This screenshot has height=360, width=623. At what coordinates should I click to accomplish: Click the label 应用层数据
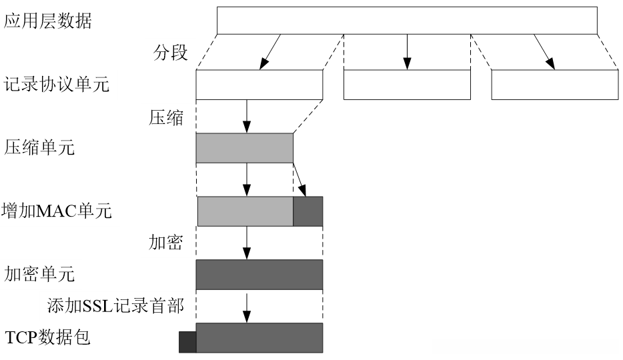click(x=48, y=21)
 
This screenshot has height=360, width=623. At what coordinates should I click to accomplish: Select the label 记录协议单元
click(x=57, y=85)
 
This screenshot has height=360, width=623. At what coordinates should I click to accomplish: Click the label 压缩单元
click(x=39, y=147)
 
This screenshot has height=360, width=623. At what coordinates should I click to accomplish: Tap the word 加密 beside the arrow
click(x=165, y=241)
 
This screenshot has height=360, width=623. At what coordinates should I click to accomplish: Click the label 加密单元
click(x=39, y=273)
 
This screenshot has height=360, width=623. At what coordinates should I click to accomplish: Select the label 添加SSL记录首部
click(x=115, y=305)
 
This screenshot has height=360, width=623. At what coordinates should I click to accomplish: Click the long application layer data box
click(x=407, y=20)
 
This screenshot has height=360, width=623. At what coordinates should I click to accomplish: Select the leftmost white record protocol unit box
click(x=259, y=85)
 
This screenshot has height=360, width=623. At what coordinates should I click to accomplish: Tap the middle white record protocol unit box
click(x=406, y=85)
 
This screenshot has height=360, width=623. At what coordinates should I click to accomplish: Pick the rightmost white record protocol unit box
click(x=554, y=85)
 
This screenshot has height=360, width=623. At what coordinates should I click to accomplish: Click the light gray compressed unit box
click(x=244, y=147)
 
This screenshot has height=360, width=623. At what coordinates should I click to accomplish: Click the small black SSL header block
click(x=187, y=342)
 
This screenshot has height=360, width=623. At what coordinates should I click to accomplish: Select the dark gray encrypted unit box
click(x=259, y=274)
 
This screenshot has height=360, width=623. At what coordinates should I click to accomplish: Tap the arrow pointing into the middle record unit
click(x=407, y=51)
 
